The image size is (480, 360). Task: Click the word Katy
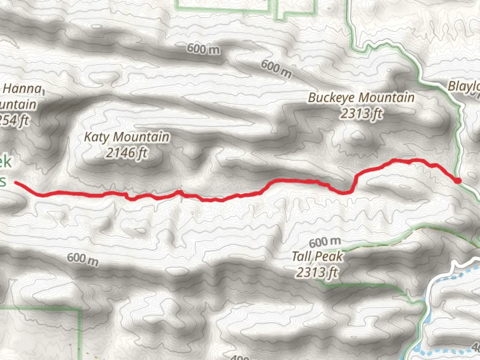click(x=96, y=137)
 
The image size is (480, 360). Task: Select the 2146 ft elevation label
click(x=127, y=153)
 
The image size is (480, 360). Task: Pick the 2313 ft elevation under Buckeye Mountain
click(x=361, y=114)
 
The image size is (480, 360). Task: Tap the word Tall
click(x=302, y=256)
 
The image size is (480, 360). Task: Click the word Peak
click(x=329, y=256)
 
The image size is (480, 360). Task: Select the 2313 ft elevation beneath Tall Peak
click(x=317, y=272)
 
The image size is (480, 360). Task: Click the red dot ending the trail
click(x=458, y=181)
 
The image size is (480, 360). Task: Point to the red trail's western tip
click(x=15, y=182)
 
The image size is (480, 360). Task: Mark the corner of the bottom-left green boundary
click(x=80, y=310)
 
